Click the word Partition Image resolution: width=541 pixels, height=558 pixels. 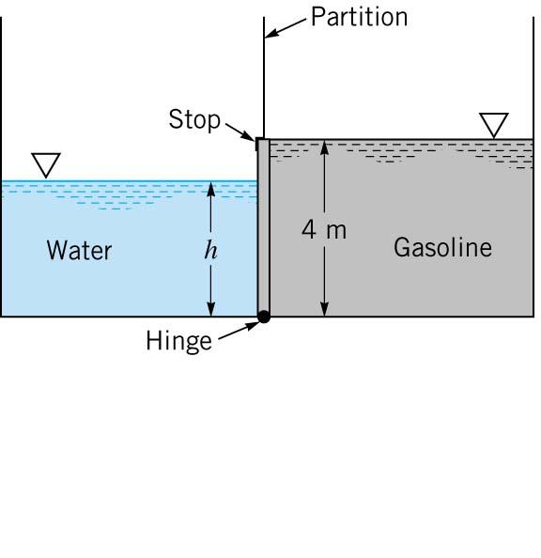pyautogui.click(x=359, y=18)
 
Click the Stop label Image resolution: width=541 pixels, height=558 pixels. pyautogui.click(x=193, y=120)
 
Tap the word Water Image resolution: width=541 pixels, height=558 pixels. pyautogui.click(x=79, y=251)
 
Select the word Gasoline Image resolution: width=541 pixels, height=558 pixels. pyautogui.click(x=442, y=248)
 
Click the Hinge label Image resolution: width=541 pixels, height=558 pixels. pyautogui.click(x=178, y=341)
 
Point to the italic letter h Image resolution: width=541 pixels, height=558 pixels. pyautogui.click(x=210, y=251)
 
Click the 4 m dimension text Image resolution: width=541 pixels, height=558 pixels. pyautogui.click(x=324, y=230)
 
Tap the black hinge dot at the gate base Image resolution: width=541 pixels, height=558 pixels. pyautogui.click(x=264, y=318)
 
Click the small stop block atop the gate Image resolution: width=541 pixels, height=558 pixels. pyautogui.click(x=259, y=143)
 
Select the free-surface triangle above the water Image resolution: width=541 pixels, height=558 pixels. pyautogui.click(x=45, y=164)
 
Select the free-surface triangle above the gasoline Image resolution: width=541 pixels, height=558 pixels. pyautogui.click(x=493, y=124)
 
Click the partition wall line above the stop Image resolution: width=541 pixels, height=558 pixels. pyautogui.click(x=264, y=75)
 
